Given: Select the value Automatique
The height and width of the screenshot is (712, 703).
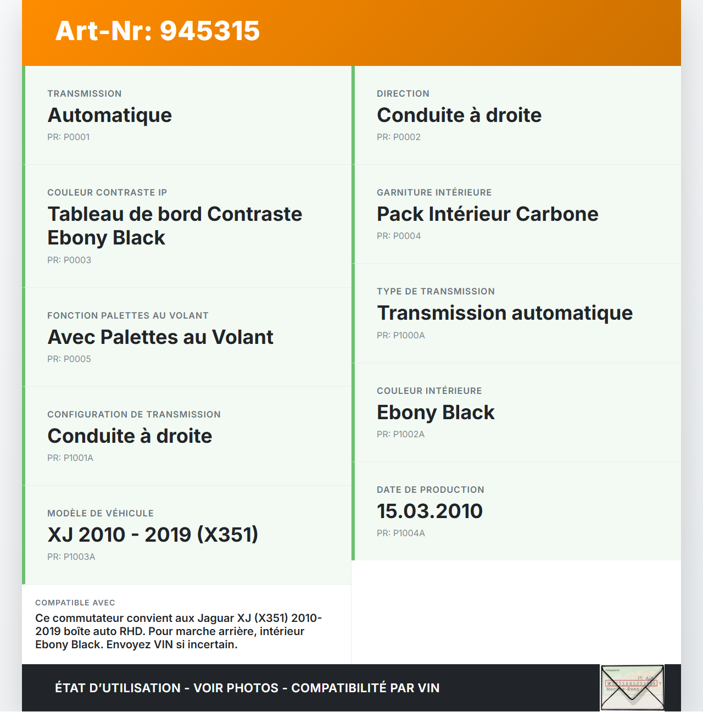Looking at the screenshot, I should (110, 115).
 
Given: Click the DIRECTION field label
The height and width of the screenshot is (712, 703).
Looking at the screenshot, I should (403, 94).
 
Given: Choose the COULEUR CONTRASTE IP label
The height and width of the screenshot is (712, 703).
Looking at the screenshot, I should (107, 193).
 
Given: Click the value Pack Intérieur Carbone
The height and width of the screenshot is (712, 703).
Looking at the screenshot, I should (488, 214).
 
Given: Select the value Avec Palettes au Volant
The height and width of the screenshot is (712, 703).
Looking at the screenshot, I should (160, 337).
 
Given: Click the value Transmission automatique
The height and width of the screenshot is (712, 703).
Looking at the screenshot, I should (505, 313).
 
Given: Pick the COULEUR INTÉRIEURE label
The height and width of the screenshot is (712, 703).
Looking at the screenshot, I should (429, 391).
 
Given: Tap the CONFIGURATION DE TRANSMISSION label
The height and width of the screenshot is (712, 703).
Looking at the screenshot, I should (134, 415).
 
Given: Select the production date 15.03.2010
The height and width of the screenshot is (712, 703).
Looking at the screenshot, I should (429, 511).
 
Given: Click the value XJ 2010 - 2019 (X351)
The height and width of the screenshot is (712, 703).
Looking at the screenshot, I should (153, 535).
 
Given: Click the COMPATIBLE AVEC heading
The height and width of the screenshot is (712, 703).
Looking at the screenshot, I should (75, 603).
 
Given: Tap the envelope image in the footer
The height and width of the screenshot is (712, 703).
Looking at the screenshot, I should (632, 688).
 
